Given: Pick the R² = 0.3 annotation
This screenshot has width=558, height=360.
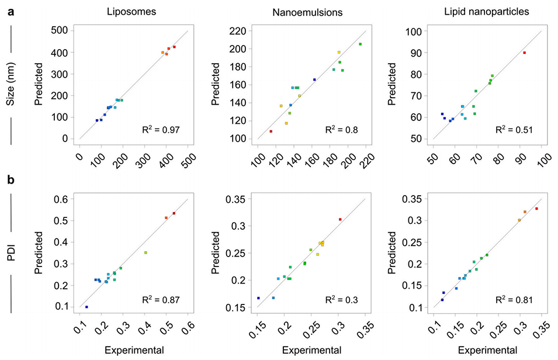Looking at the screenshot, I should [x=336, y=300].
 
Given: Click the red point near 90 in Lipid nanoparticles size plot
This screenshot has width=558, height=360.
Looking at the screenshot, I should [x=524, y=53].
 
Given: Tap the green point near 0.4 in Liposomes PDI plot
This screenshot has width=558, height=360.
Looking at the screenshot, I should [x=145, y=252].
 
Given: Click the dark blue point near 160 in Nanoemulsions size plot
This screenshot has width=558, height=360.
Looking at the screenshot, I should [x=314, y=79].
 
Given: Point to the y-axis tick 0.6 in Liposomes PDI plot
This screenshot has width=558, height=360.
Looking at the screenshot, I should [x=60, y=199].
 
